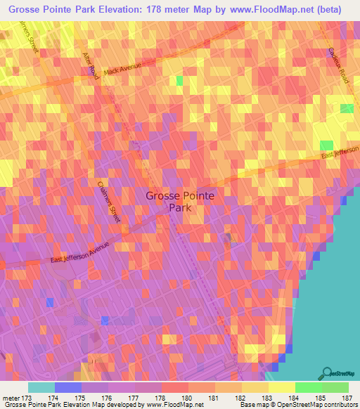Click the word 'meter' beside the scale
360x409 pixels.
click(x=8, y=398)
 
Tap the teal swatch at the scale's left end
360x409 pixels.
click(x=41, y=387)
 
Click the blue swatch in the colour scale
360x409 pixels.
click(x=67, y=387)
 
